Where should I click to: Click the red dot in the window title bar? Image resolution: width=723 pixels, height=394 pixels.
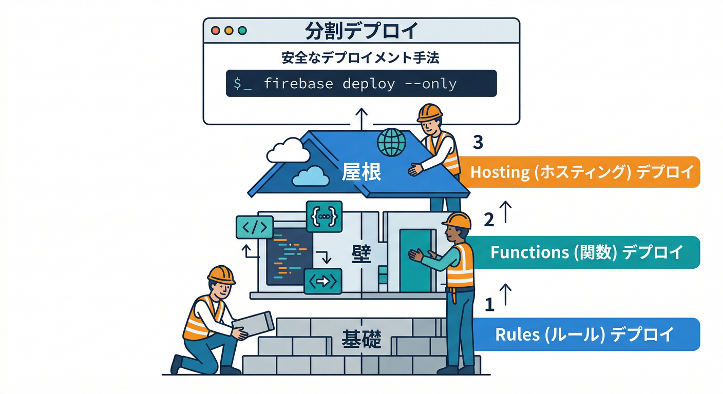point(215,30)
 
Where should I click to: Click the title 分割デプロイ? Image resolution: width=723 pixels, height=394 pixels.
point(362,30)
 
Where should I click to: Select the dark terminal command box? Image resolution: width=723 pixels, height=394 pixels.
point(362,84)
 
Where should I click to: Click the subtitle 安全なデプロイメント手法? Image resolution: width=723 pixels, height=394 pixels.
point(360,57)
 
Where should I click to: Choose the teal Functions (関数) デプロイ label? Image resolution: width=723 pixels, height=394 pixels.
point(585,252)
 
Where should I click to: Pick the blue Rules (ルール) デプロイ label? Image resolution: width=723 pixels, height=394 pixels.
point(584,334)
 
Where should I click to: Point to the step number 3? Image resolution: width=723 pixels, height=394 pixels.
point(478,142)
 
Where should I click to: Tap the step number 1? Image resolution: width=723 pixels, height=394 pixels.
point(489,305)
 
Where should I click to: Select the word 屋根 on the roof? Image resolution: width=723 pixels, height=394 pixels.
point(362,172)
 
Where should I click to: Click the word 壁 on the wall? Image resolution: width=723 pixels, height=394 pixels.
point(362,253)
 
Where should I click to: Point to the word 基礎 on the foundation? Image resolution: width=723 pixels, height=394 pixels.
point(362,338)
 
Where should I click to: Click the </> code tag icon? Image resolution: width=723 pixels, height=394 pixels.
point(254,228)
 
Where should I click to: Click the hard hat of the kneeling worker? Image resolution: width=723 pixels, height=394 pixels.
point(221,274)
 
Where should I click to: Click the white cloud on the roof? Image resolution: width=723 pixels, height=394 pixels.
point(288,151)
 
